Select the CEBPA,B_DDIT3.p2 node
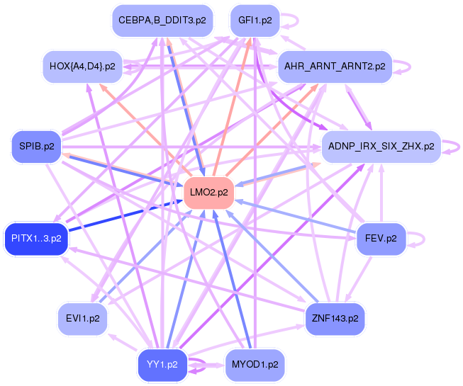[162, 21]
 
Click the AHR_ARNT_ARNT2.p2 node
[334, 66]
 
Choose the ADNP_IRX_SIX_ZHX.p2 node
[381, 147]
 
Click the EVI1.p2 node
[83, 318]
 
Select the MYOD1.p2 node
[255, 365]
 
